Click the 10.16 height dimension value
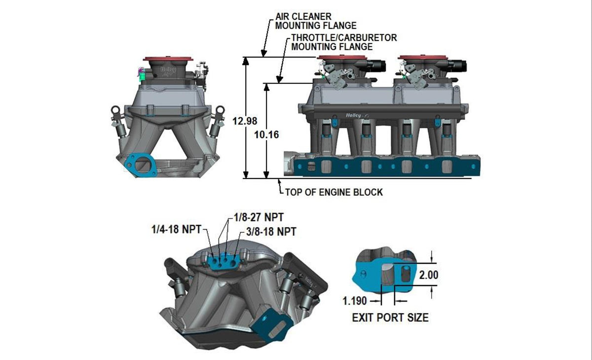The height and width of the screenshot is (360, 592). pos(267,135)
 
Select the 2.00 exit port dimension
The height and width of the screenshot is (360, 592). pos(427,275)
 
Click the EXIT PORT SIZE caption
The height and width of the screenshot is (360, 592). pos(390,318)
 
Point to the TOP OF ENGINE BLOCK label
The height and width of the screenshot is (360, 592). pos(334,192)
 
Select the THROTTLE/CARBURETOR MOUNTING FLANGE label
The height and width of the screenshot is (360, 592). pos(344,42)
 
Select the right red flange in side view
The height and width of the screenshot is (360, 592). pos(423,58)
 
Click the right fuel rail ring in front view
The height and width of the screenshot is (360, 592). pos(220,109)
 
